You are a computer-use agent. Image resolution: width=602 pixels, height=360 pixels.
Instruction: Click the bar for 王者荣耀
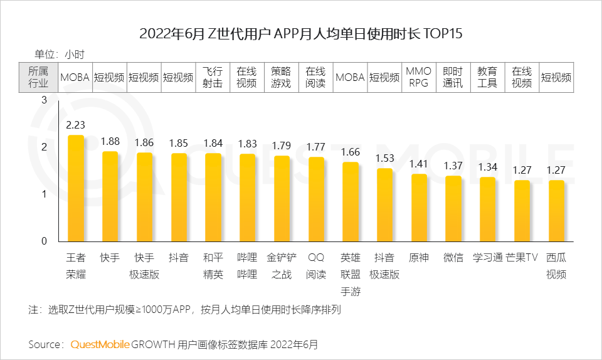pyautogui.click(x=75, y=188)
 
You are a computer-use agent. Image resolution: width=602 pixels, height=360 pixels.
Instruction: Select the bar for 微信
pyautogui.click(x=453, y=208)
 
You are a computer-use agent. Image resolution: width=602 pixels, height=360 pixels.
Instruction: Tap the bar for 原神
pyautogui.click(x=418, y=208)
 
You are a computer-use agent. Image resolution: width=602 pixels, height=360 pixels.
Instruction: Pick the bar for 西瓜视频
pyautogui.click(x=556, y=211)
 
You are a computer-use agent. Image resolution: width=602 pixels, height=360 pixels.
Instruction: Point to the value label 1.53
pyautogui.click(x=384, y=158)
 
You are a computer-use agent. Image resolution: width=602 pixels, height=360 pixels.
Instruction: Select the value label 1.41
pyautogui.click(x=418, y=164)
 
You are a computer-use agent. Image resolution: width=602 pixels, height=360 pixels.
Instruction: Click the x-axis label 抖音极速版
pyautogui.click(x=384, y=266)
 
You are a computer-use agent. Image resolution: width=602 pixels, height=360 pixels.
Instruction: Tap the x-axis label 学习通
pyautogui.click(x=487, y=258)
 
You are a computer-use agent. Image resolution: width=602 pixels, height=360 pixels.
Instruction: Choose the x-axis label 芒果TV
pyautogui.click(x=522, y=258)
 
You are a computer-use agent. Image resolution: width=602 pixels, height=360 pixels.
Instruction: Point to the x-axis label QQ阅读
pyautogui.click(x=316, y=266)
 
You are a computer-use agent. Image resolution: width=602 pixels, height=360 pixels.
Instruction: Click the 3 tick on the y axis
pyautogui.click(x=44, y=100)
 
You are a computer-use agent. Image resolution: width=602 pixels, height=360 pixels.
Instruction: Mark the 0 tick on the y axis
pyautogui.click(x=44, y=241)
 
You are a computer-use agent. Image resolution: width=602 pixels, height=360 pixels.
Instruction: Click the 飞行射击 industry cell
pyautogui.click(x=213, y=78)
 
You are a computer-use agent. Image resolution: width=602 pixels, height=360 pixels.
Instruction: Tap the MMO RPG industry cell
pyautogui.click(x=418, y=78)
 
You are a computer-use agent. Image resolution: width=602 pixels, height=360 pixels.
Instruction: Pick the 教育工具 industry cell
pyautogui.click(x=487, y=78)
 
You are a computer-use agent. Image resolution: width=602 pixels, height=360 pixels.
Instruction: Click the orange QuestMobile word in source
pyautogui.click(x=100, y=344)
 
